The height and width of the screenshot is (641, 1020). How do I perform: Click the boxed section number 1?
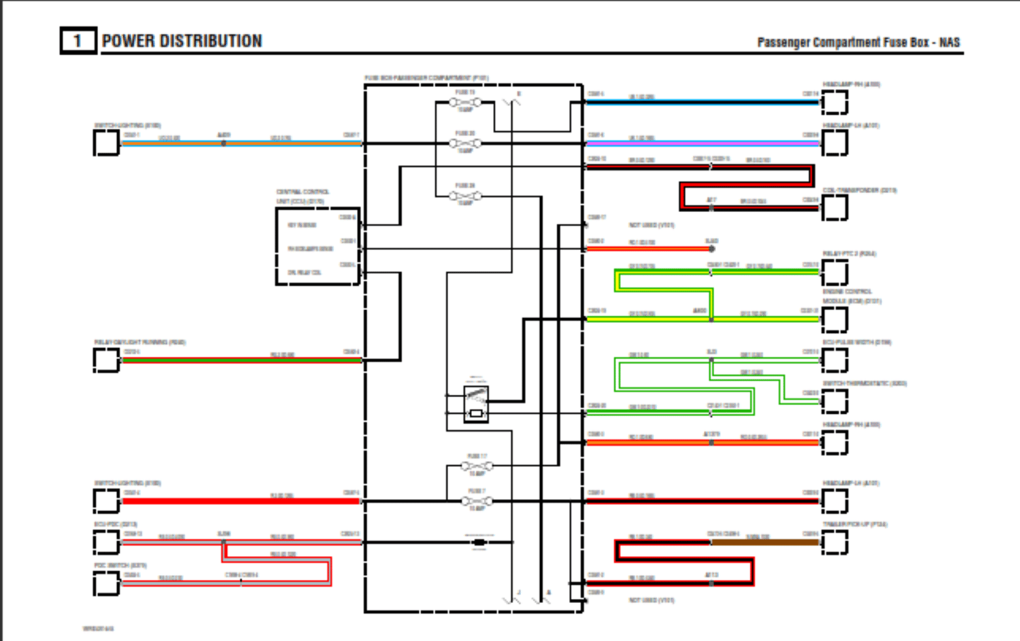78,41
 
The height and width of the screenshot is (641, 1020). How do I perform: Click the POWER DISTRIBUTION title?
182,41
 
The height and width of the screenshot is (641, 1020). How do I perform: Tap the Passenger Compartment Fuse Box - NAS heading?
858,42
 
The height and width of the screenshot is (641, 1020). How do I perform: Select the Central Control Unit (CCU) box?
318,246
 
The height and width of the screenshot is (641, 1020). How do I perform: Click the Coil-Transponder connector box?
834,207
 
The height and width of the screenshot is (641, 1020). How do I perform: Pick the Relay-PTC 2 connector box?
834,272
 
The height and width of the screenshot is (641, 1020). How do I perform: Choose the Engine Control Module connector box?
834,319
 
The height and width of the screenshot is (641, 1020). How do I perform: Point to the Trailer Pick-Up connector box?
834,542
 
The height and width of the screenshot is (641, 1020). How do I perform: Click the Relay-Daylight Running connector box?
106,360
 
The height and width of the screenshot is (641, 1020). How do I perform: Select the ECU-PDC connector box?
106,542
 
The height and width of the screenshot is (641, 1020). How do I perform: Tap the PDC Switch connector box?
106,583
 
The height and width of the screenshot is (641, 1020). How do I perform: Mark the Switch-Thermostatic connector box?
834,401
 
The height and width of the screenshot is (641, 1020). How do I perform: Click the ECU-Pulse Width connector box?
834,360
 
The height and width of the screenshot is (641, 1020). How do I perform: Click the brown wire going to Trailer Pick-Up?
765,542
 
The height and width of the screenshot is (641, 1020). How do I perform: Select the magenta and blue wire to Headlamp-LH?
700,143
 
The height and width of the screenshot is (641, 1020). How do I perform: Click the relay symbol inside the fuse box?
476,404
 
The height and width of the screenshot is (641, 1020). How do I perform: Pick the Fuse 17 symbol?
477,466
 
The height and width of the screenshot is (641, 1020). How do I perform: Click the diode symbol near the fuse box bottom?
479,542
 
